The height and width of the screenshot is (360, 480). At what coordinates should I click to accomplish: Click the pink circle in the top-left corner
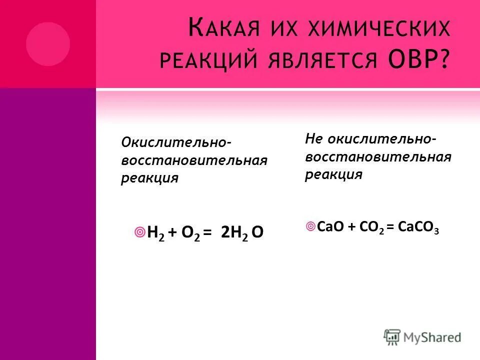[x=48, y=44]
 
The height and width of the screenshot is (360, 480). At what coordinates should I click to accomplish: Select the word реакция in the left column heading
[x=149, y=178]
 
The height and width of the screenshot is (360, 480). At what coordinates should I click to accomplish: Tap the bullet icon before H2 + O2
[x=140, y=232]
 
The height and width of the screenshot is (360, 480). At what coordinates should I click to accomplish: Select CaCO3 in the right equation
[x=418, y=227]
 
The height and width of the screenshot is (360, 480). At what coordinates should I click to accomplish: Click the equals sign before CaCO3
[x=389, y=227]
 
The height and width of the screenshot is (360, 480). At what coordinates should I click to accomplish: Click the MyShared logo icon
[x=392, y=337]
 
